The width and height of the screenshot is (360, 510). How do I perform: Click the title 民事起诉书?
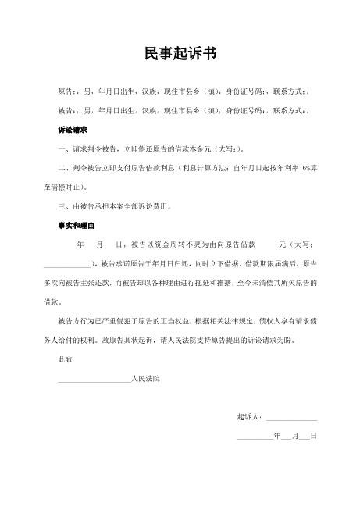coord(180,53)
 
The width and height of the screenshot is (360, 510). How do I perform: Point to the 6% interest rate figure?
coord(311,168)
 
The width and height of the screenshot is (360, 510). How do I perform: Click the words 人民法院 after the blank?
coord(145,378)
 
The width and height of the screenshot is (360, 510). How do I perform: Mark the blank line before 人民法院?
coord(94,379)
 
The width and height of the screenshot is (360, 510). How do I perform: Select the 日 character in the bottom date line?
coord(313,437)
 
